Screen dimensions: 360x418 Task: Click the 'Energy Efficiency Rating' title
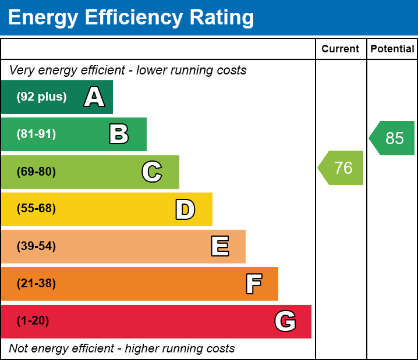(131, 17)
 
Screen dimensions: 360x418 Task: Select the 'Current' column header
(341, 49)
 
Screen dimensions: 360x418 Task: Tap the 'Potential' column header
(392, 49)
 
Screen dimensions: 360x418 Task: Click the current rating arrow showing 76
(342, 168)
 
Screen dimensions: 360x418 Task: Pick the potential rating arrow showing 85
(392, 138)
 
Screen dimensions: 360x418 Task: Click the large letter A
(94, 97)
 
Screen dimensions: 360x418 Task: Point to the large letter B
(119, 134)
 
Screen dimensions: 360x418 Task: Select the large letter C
(152, 172)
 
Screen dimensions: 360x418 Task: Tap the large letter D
(185, 209)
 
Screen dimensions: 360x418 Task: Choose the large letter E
(219, 247)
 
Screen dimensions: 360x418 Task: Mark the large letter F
(253, 284)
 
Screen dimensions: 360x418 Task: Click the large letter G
(285, 321)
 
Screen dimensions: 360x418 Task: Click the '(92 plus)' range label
(41, 97)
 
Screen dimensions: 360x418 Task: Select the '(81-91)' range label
(36, 134)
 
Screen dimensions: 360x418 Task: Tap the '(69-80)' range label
(36, 172)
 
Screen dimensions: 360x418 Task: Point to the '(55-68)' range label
(36, 209)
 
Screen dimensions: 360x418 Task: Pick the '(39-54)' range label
(36, 247)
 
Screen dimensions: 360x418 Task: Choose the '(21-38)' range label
(36, 284)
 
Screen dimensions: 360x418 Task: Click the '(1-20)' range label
(33, 321)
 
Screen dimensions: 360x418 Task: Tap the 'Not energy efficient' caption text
(122, 349)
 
